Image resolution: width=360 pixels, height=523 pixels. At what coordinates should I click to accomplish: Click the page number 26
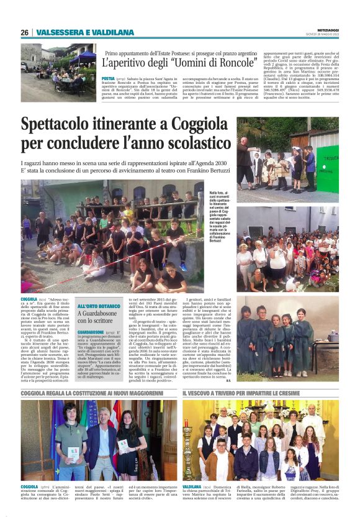click(x=24, y=32)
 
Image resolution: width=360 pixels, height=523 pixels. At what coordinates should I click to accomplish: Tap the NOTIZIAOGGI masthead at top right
click(x=325, y=31)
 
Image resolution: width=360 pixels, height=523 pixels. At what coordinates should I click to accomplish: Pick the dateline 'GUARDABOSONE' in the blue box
click(x=91, y=333)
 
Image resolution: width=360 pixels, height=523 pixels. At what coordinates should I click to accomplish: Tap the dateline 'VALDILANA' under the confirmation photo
click(x=192, y=486)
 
